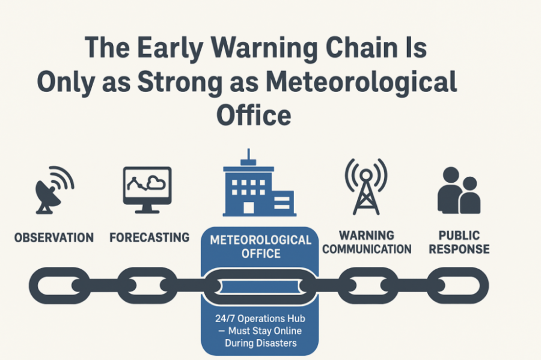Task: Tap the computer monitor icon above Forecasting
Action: point(147,189)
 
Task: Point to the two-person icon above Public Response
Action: point(459,191)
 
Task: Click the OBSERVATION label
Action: point(54,237)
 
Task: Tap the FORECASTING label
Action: point(149,237)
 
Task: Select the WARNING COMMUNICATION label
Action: point(367,242)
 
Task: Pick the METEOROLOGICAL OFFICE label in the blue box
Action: point(260,246)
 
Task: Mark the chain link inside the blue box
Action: point(259,285)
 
